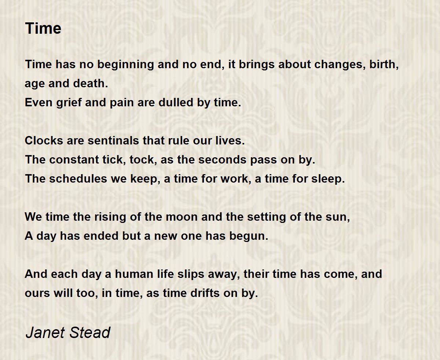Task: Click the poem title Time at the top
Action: click(x=43, y=29)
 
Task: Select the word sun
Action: click(x=340, y=217)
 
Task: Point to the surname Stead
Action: click(x=90, y=333)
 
